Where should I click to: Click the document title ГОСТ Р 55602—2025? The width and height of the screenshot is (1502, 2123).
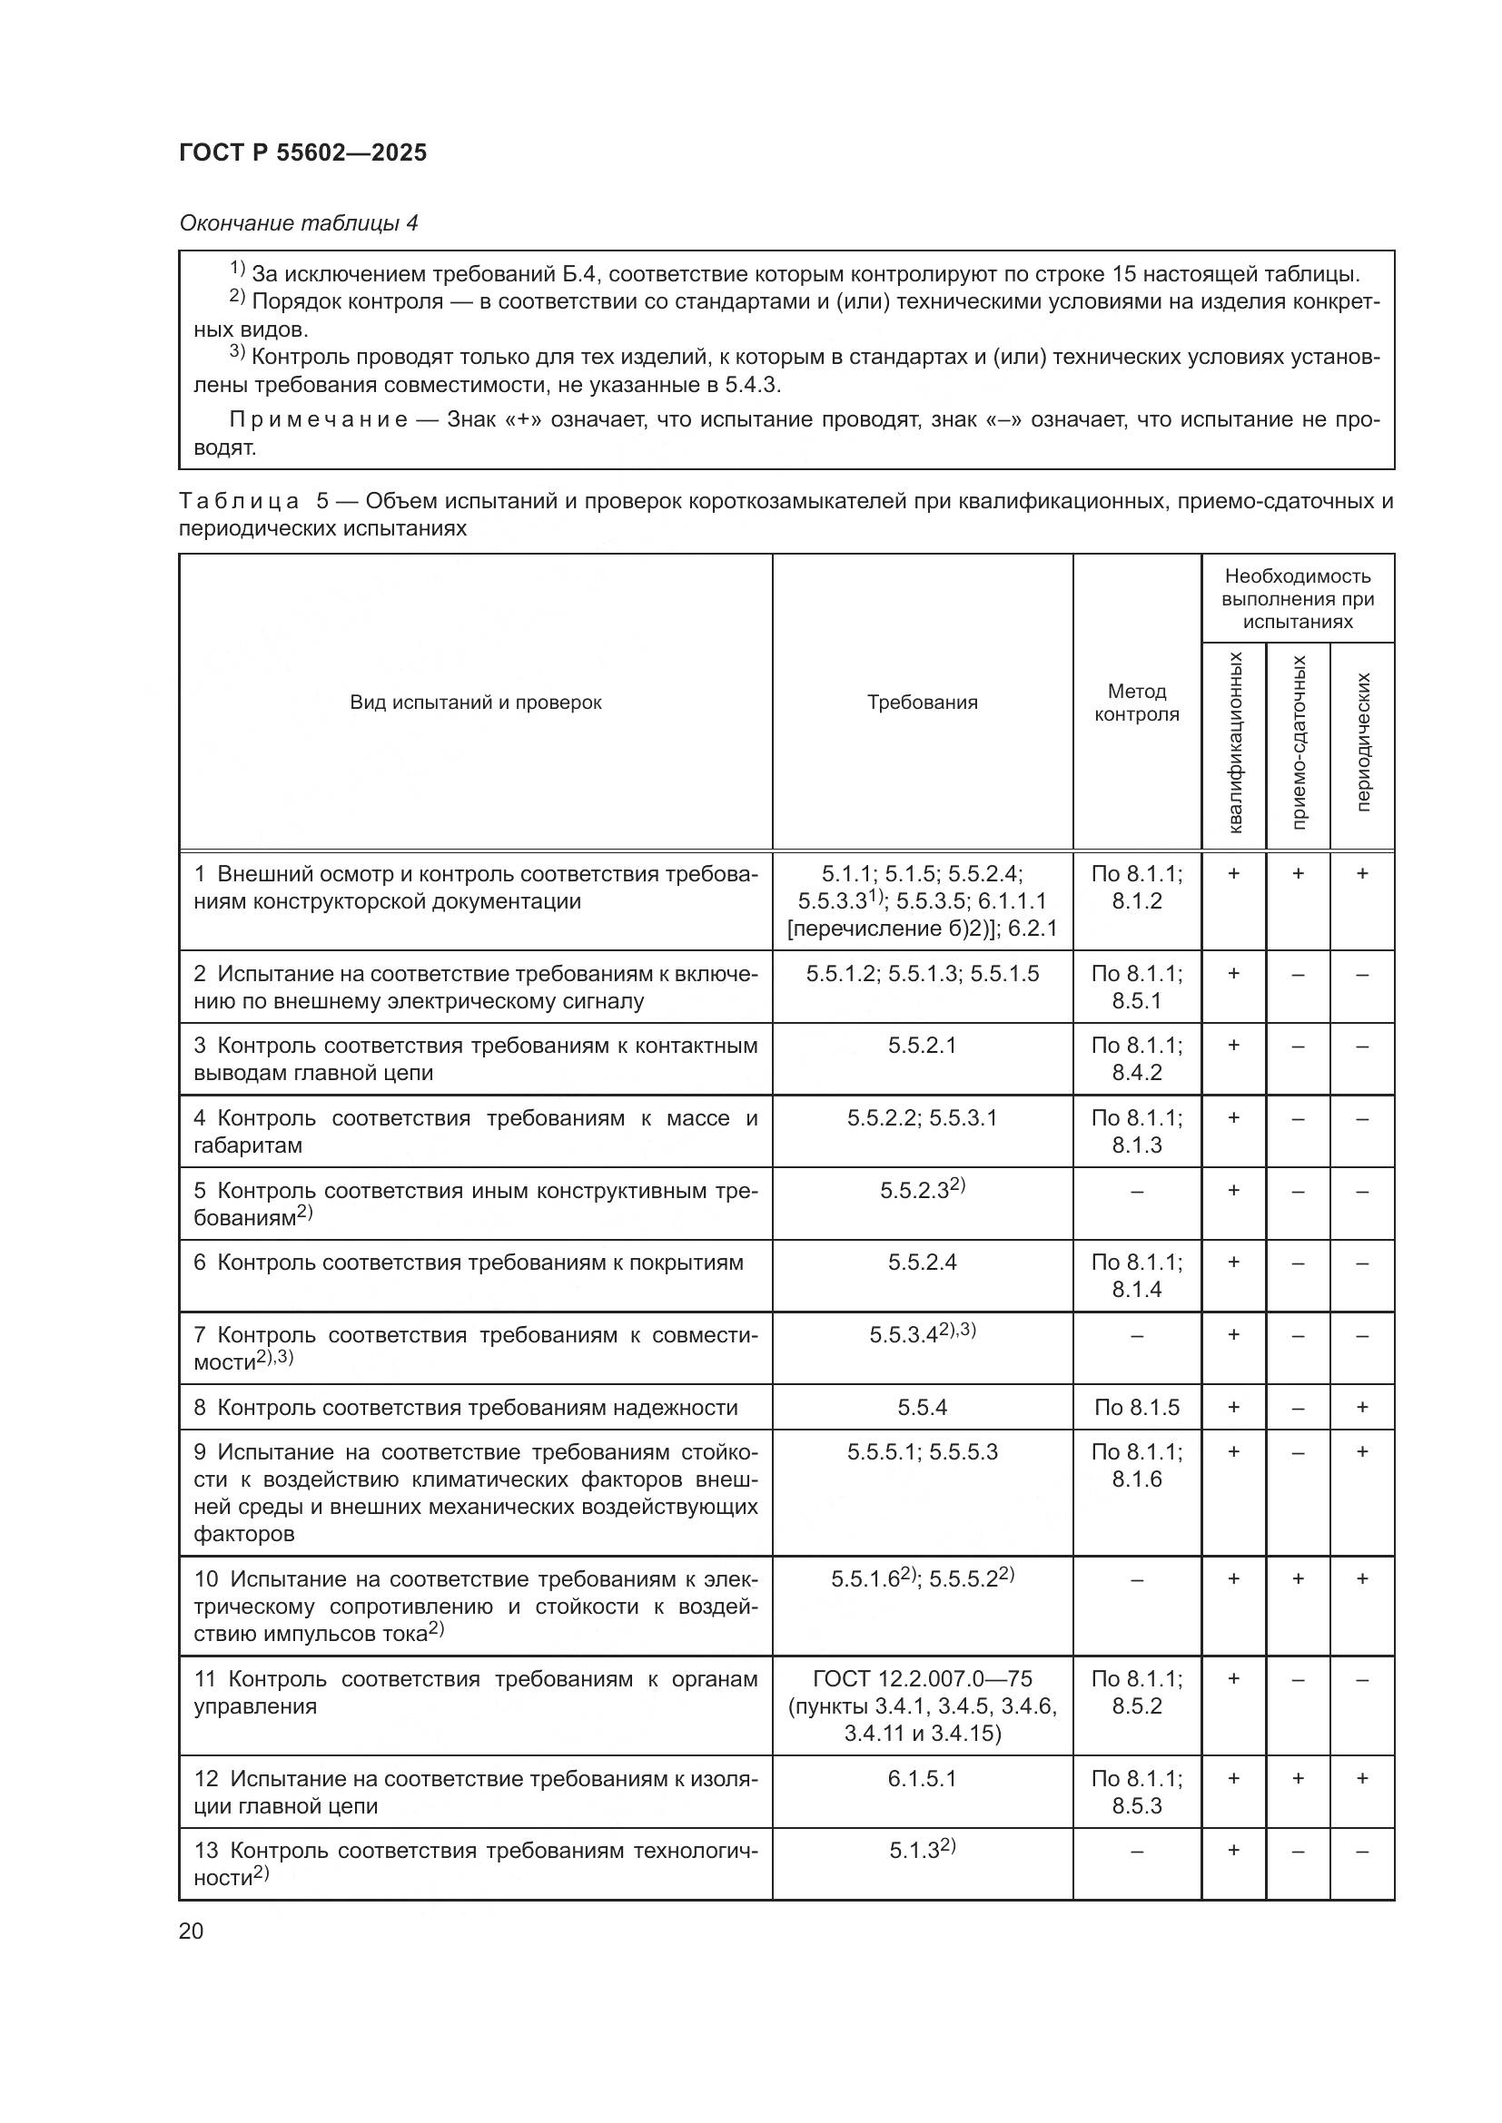pos(302,153)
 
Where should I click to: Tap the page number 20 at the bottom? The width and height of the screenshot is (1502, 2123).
pos(191,1931)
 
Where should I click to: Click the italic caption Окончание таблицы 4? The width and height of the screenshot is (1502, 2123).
pos(298,224)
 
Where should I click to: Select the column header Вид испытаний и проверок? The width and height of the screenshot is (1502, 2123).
pos(475,703)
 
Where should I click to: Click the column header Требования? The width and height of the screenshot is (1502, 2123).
pos(922,703)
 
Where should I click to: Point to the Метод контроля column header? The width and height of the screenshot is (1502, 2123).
pos(1137,703)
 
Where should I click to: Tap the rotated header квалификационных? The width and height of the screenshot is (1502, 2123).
pos(1234,742)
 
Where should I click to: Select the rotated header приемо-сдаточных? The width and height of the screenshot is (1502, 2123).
pos(1299,742)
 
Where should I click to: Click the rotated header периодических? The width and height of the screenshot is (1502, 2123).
pos(1362,742)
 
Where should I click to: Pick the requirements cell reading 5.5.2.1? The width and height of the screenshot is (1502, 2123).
pos(922,1046)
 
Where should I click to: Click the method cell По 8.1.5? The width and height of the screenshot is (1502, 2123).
pos(1137,1408)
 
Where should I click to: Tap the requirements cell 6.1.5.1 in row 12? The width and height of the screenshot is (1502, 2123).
pos(922,1779)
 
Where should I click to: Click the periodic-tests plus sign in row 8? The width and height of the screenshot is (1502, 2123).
pos(1362,1408)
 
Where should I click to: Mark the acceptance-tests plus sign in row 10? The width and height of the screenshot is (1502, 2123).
pos(1299,1578)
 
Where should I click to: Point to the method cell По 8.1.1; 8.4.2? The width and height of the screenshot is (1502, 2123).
pos(1137,1058)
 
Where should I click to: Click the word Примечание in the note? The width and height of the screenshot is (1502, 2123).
pos(318,420)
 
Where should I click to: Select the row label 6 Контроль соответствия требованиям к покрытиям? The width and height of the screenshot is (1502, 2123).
pos(468,1263)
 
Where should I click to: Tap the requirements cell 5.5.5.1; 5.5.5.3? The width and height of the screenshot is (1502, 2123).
pos(922,1452)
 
